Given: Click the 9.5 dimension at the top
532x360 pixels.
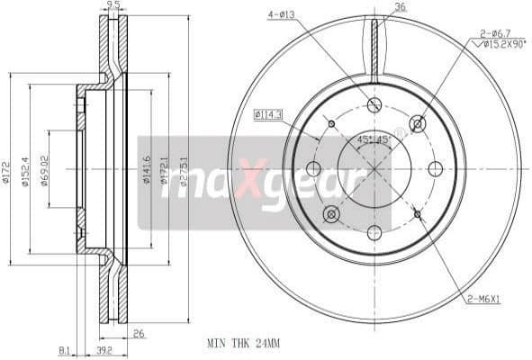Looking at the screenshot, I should point(113,5).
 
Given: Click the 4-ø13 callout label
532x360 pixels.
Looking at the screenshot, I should point(282,14).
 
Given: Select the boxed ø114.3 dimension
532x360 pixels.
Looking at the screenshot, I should point(268,114).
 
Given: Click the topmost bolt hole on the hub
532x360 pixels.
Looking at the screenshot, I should point(374,105).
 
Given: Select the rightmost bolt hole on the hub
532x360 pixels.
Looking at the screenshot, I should point(437,168).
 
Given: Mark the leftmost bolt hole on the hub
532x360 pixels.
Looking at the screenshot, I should point(313,168).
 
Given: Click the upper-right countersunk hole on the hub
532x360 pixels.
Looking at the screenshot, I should point(417,123).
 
